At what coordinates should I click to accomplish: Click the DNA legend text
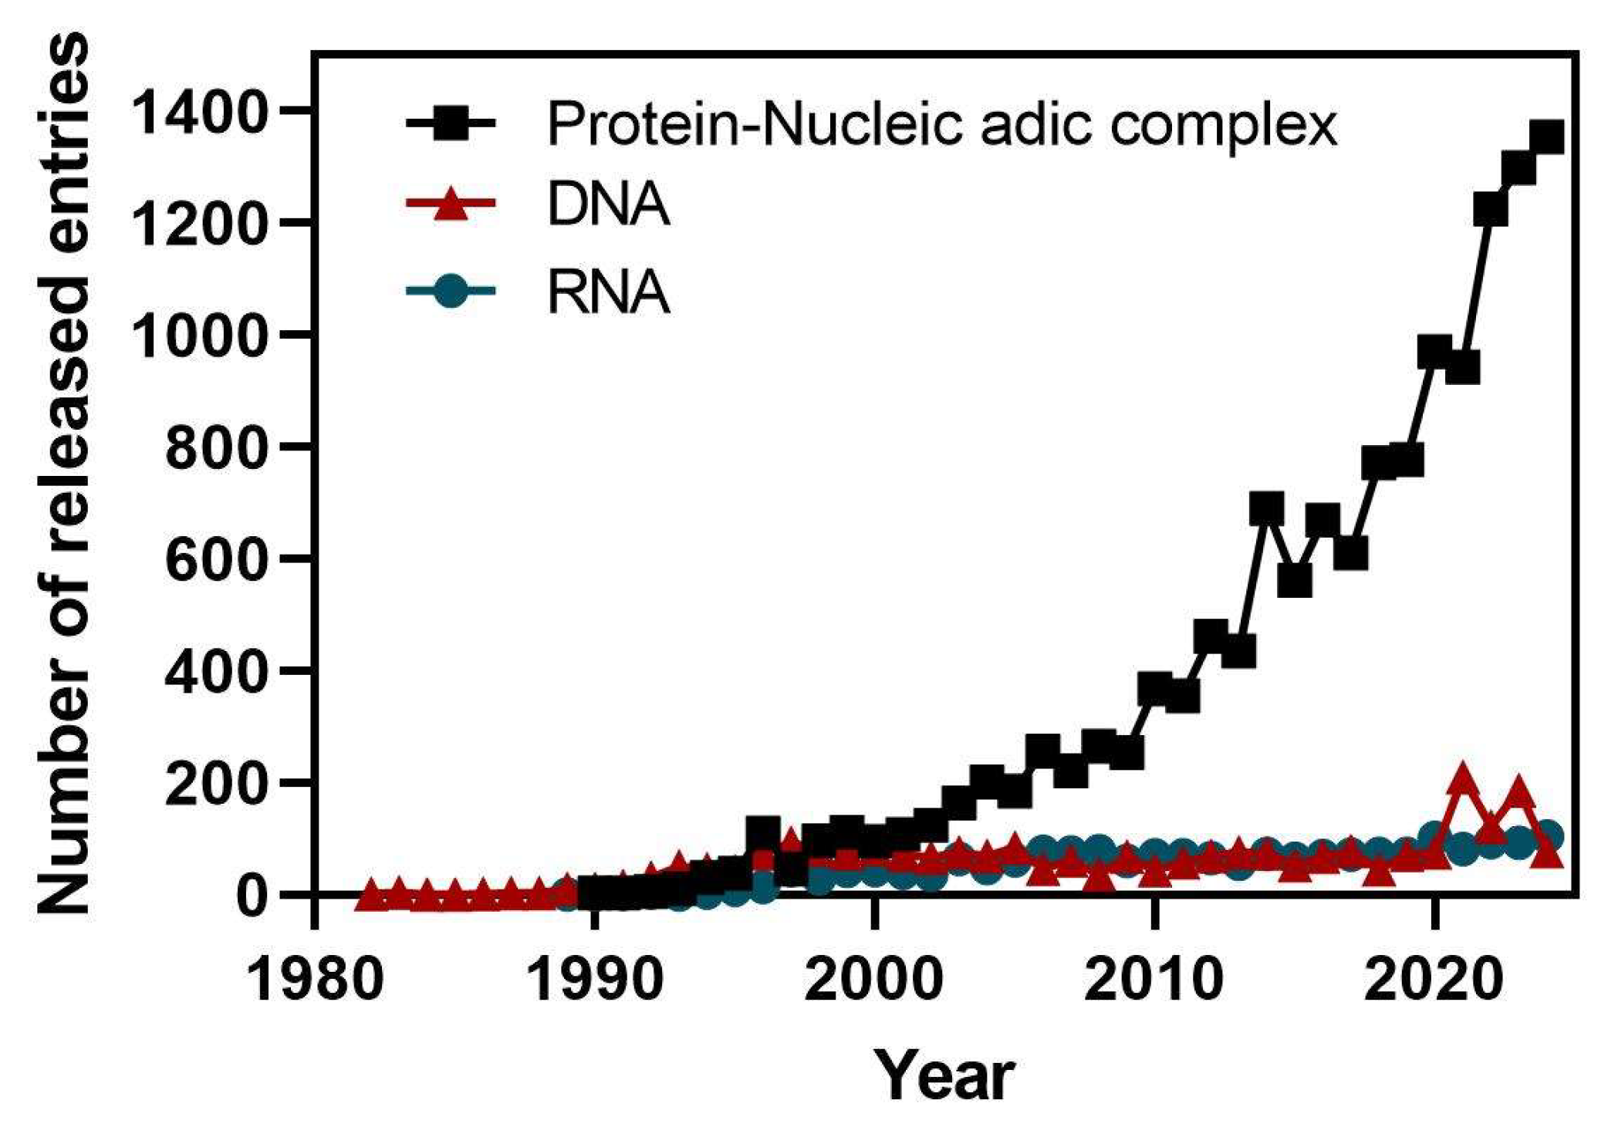point(607,205)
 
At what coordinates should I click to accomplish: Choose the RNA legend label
point(607,293)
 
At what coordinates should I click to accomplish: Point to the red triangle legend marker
point(450,205)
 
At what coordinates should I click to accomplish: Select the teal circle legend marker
point(450,292)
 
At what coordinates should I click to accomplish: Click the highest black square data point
point(1546,139)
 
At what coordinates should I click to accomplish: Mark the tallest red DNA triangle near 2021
point(1462,784)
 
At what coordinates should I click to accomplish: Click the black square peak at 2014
point(1266,509)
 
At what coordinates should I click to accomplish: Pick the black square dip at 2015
point(1294,580)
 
